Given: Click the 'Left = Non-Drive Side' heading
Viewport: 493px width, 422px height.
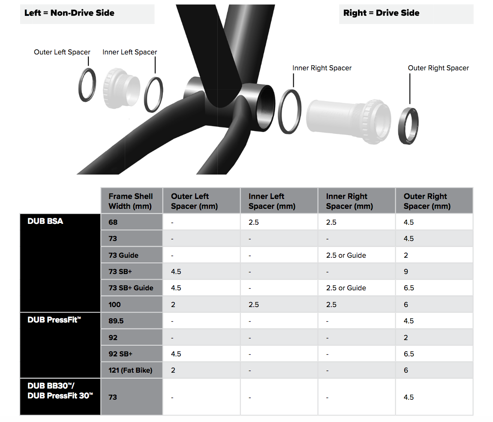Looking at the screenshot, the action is [69, 13].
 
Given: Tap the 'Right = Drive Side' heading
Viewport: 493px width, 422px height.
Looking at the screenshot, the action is [381, 13].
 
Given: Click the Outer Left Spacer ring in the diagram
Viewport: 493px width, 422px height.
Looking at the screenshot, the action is [80, 85].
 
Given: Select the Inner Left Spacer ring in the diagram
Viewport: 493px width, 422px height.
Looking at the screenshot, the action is [146, 95].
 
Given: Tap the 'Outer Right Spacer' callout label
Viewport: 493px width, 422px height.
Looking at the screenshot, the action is [438, 68].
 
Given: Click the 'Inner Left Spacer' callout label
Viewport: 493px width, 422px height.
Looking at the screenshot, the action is [129, 52].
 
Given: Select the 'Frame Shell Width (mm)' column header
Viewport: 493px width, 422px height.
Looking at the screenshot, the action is [130, 201].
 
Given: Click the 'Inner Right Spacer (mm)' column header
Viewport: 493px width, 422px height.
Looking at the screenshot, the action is [349, 201].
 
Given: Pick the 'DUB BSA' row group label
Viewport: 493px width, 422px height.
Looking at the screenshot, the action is [45, 221].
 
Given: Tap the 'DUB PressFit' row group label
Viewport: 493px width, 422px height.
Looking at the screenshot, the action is [54, 320].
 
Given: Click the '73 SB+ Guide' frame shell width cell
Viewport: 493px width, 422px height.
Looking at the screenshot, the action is [131, 288].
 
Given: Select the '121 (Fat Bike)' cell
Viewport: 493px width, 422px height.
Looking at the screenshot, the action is [130, 370].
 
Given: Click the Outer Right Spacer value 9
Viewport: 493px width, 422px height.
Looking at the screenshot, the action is [406, 271].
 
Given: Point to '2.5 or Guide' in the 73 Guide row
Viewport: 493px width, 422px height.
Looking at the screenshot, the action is [346, 255].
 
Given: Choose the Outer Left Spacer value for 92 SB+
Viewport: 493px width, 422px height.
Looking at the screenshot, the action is [176, 354].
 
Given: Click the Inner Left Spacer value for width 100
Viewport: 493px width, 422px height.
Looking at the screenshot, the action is [253, 304].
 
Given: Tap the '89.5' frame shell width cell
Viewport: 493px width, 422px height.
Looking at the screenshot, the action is [116, 321].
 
